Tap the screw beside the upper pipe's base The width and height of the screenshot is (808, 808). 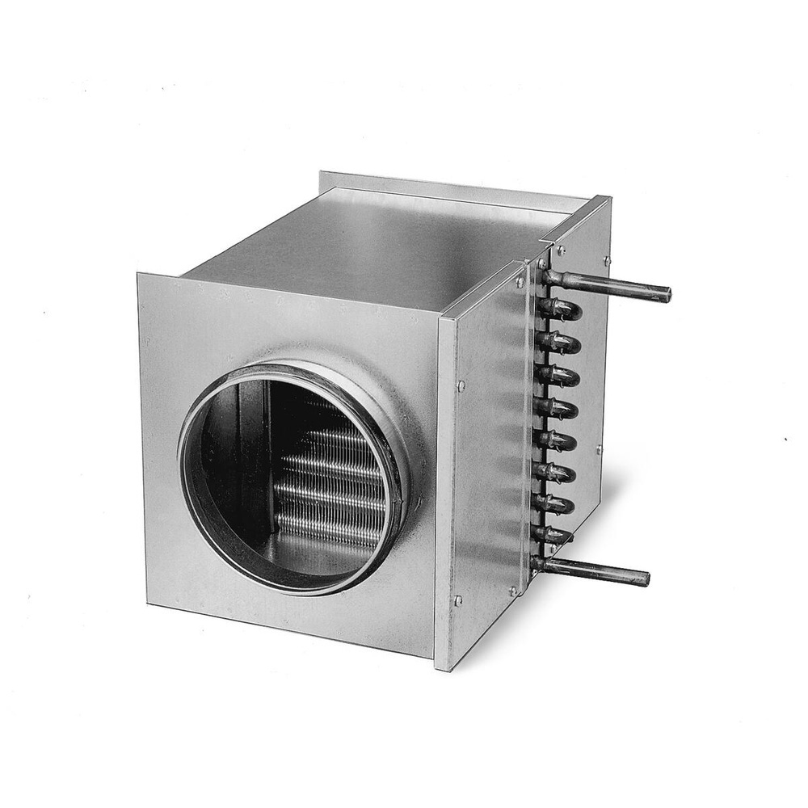[x=520, y=282]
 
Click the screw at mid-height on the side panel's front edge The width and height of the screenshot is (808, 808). [x=461, y=386]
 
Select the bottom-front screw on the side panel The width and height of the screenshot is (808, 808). [x=458, y=600]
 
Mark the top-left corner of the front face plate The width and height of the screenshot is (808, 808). [x=139, y=275]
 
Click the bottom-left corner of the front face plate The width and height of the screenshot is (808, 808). [x=147, y=603]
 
